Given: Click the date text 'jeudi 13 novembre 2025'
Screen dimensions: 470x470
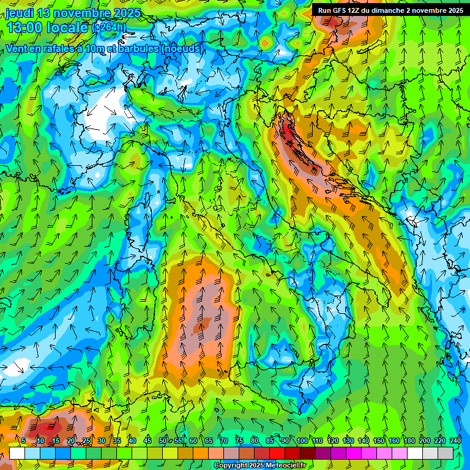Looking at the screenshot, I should tap(73, 13).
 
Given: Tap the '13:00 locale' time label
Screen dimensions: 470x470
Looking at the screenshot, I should tap(47, 28).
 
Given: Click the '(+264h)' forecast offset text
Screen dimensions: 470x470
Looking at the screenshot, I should tap(110, 28).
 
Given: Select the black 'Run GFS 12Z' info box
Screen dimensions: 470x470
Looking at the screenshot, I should tap(390, 10).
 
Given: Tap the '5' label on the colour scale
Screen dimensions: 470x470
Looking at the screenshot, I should tap(23, 441).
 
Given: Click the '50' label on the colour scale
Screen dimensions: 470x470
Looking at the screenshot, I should tap(163, 441).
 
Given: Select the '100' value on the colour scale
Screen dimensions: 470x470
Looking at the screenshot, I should tap(302, 441).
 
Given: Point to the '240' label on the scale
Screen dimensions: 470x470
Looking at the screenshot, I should tap(455, 441).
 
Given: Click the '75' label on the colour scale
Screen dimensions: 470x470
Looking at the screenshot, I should tap(239, 441).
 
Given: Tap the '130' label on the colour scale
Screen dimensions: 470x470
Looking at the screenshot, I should tap(348, 441).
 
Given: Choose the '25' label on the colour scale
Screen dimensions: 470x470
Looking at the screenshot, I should tap(86, 441).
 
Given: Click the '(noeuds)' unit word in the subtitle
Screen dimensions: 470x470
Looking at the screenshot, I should tap(182, 48).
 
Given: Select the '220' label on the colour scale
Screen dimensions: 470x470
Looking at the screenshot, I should tap(440, 441).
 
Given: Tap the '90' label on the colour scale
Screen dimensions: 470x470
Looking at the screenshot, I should tap(286, 441).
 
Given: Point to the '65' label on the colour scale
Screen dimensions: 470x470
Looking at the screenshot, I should tap(209, 441).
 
